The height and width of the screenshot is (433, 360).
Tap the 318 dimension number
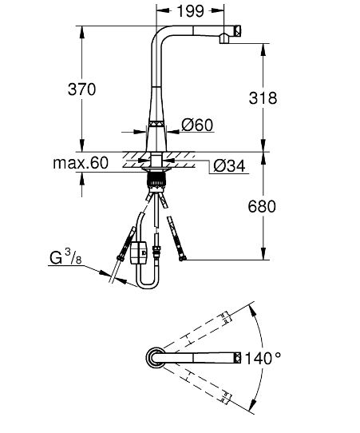click(x=263, y=98)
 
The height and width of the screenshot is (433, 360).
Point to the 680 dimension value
click(x=263, y=206)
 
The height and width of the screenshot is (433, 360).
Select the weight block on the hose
click(x=139, y=256)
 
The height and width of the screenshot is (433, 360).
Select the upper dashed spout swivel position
click(x=204, y=328)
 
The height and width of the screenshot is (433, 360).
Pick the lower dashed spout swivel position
click(x=204, y=388)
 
